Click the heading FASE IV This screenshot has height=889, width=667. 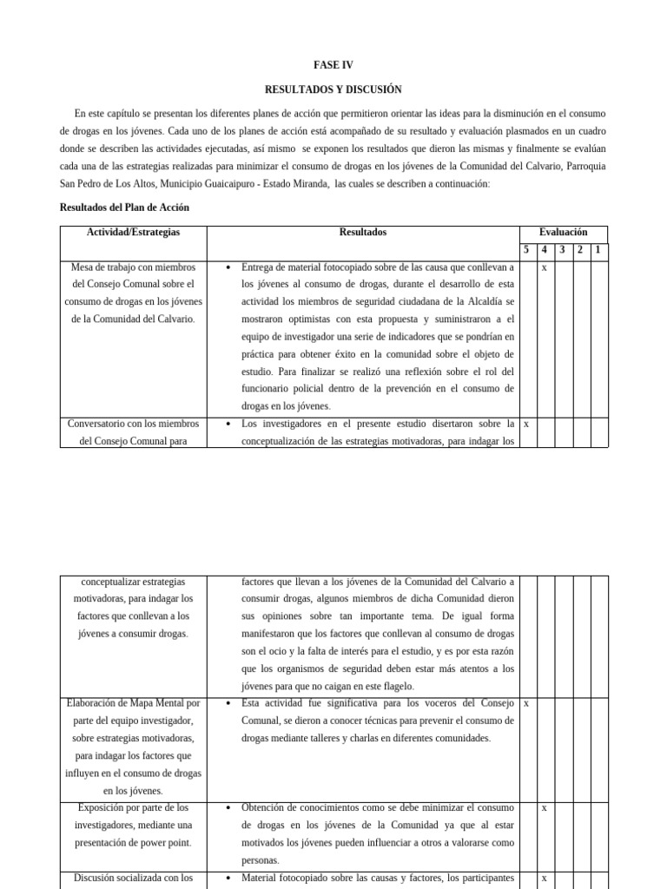[x=333, y=65]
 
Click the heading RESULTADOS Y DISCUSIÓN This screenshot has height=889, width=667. [x=333, y=89]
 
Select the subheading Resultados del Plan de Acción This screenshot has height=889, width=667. [x=124, y=207]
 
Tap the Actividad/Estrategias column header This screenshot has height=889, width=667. [x=133, y=233]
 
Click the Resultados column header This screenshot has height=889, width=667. [x=362, y=233]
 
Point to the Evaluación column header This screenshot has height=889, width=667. [x=563, y=233]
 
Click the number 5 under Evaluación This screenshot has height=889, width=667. [x=526, y=251]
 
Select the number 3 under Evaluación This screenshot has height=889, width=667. [x=562, y=251]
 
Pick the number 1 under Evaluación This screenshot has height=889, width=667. [x=598, y=251]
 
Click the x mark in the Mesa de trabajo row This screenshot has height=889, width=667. [x=544, y=268]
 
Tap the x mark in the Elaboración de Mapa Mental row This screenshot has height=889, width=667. [x=526, y=703]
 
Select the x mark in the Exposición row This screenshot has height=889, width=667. [x=544, y=808]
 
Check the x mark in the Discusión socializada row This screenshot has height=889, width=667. [x=544, y=879]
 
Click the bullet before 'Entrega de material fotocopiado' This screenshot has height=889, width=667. [x=228, y=268]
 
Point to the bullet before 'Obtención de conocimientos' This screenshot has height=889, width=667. [x=228, y=808]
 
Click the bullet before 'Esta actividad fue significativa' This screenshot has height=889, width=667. [x=228, y=703]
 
